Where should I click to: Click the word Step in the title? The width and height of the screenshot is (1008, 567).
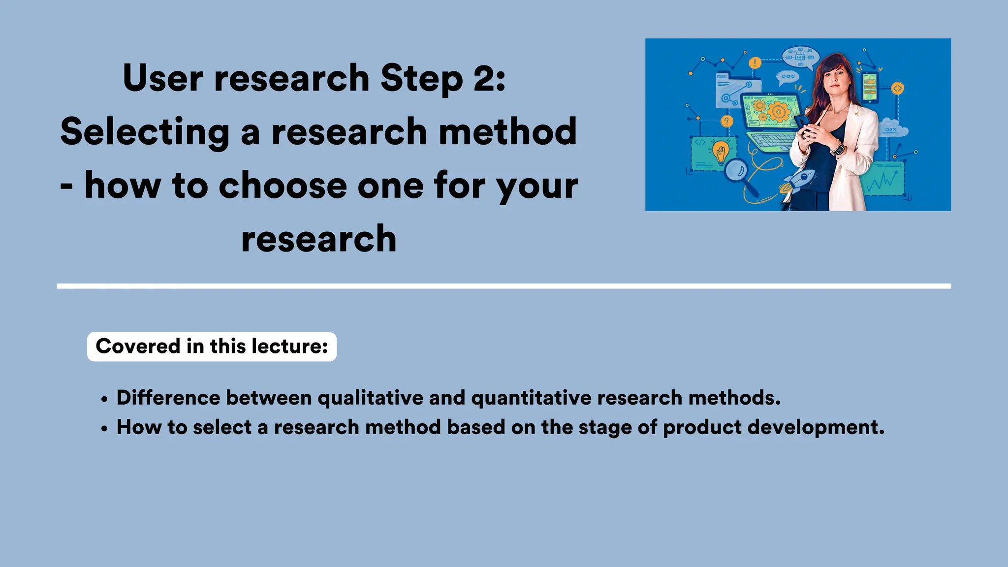[x=421, y=79]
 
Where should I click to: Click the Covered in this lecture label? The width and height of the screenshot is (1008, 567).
[x=212, y=346]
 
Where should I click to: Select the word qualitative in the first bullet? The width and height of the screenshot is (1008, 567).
[x=370, y=398]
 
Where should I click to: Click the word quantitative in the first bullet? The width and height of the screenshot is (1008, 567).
[x=531, y=398]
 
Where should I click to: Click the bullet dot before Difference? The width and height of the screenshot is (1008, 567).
[x=104, y=399]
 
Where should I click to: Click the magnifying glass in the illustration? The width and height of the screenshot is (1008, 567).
[x=737, y=172]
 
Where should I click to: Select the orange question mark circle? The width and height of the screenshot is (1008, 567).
[x=726, y=121]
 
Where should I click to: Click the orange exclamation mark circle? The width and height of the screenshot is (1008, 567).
[x=755, y=63]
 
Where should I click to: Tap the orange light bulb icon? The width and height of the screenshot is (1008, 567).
[x=721, y=151]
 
